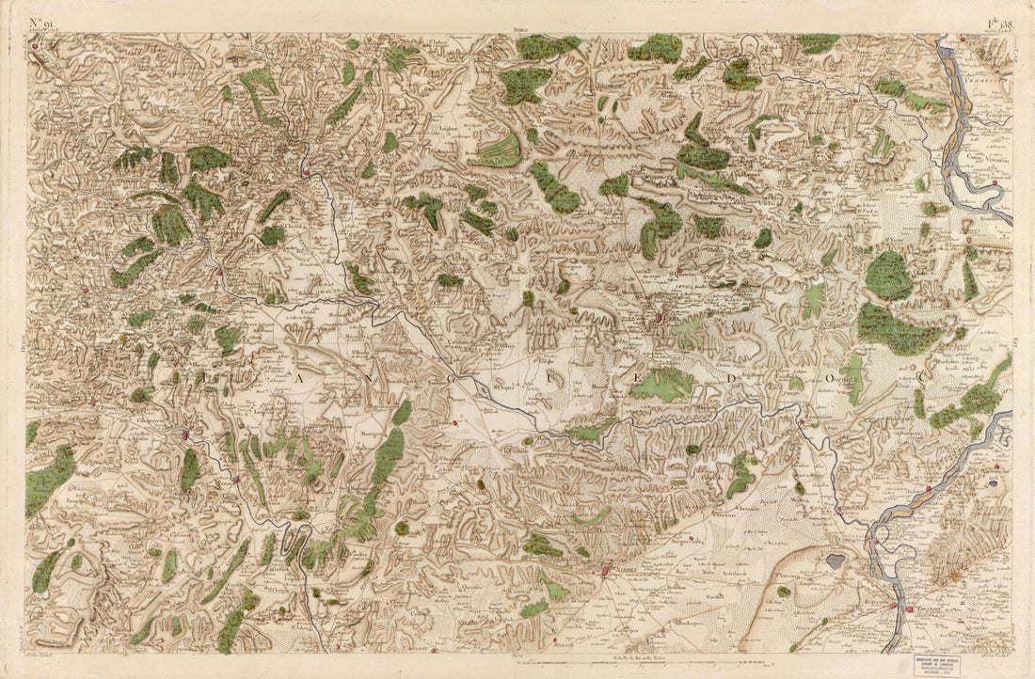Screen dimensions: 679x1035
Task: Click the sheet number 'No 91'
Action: (x=44, y=25)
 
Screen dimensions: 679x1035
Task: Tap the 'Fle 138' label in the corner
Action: (x=998, y=25)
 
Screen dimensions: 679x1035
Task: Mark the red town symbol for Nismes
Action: (x=605, y=569)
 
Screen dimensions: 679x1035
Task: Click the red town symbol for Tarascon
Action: (x=909, y=609)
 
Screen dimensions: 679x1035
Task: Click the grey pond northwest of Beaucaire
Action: (x=835, y=561)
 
